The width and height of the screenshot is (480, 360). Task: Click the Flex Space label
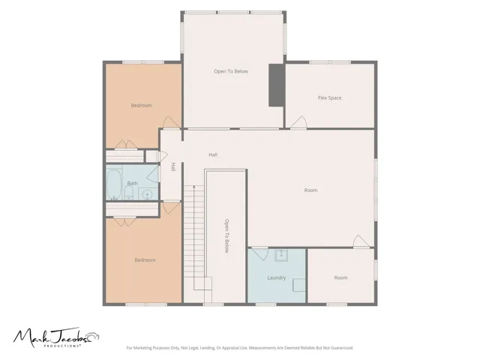point(330,98)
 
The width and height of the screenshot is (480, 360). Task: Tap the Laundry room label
point(277,277)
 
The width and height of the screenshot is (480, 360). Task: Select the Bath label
point(132,183)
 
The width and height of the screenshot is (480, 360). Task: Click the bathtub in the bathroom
point(114,184)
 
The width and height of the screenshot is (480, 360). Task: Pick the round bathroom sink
point(148,194)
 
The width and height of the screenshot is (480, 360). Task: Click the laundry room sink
point(281,255)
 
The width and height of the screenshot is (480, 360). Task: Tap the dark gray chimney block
point(277,85)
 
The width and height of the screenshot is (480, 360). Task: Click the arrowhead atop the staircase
point(193,186)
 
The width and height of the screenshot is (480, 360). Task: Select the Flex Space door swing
point(298,122)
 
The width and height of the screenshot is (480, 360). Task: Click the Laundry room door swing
point(260,254)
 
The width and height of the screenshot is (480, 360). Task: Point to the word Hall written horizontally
point(213,155)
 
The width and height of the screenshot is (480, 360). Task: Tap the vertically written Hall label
point(173,166)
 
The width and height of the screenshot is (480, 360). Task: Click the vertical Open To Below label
point(226,235)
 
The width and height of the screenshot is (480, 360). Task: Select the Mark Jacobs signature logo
point(56,337)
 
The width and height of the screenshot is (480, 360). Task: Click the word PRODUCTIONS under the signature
point(62,346)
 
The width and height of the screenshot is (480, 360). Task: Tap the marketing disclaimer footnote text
point(240,348)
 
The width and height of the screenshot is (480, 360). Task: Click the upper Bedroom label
point(142,105)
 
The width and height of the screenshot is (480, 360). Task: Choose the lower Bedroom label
point(145,260)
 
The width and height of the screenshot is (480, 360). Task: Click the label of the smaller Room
point(340,277)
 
